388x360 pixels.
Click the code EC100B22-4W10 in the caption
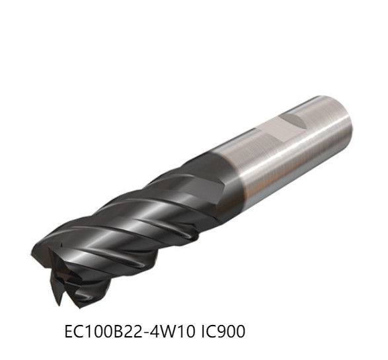(131, 331)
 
